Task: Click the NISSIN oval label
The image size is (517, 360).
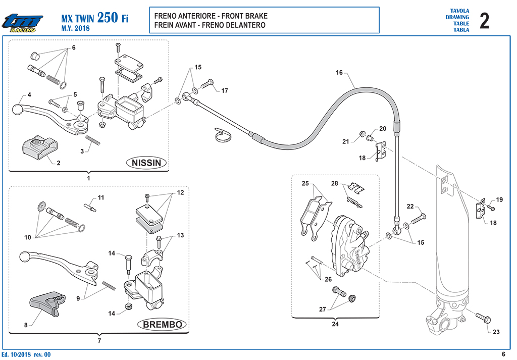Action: tap(146, 163)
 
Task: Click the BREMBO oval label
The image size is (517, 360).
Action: tap(162, 324)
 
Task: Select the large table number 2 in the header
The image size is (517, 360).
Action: tap(484, 21)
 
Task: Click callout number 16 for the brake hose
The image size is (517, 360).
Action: tap(339, 73)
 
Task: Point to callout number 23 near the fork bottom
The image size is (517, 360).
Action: tap(496, 332)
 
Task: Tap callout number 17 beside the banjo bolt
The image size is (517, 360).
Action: tap(225, 91)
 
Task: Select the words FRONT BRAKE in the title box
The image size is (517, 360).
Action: tap(245, 16)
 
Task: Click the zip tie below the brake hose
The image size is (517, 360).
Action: tap(223, 135)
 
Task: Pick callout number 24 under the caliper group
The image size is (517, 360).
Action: tap(335, 324)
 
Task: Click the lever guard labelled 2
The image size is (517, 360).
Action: tap(40, 146)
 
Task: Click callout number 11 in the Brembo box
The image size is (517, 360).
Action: tap(101, 197)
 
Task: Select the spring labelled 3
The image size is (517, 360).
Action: tap(93, 140)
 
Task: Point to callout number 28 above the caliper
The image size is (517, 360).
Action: tap(335, 183)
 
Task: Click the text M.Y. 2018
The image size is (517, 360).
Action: tap(76, 28)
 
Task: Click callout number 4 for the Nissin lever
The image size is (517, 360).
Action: tap(29, 95)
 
